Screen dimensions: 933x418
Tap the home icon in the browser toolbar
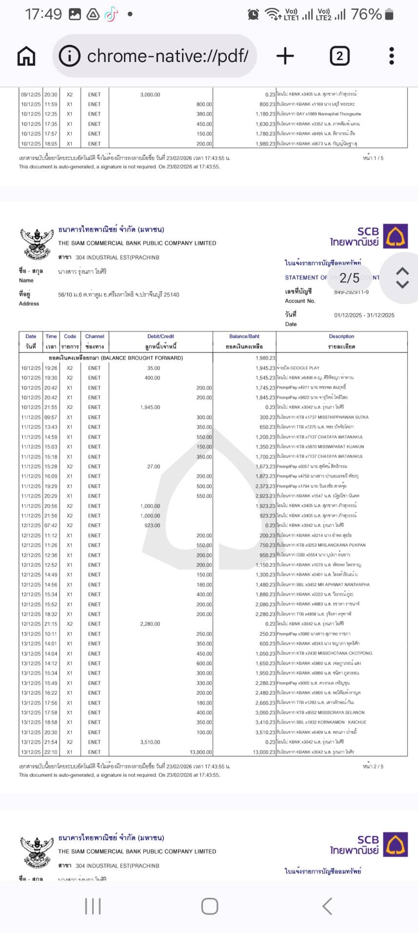pyautogui.click(x=26, y=56)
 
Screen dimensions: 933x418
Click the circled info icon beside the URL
pyautogui.click(x=69, y=56)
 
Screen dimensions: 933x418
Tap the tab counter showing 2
pyautogui.click(x=339, y=56)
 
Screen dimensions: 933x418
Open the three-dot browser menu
pyautogui.click(x=391, y=56)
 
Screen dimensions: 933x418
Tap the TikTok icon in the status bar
pyautogui.click(x=111, y=14)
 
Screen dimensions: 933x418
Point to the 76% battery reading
pyautogui.click(x=366, y=14)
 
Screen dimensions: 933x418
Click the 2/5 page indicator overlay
pyautogui.click(x=349, y=278)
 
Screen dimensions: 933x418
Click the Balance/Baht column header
pyautogui.click(x=244, y=336)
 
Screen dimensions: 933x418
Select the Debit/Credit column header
pyautogui.click(x=160, y=336)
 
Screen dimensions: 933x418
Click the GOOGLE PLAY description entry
pyautogui.click(x=305, y=368)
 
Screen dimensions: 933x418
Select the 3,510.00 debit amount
pyautogui.click(x=150, y=742)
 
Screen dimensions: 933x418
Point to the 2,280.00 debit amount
pyautogui.click(x=150, y=624)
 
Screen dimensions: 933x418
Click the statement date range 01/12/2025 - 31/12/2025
pyautogui.click(x=364, y=315)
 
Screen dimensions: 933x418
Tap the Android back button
pyautogui.click(x=327, y=906)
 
